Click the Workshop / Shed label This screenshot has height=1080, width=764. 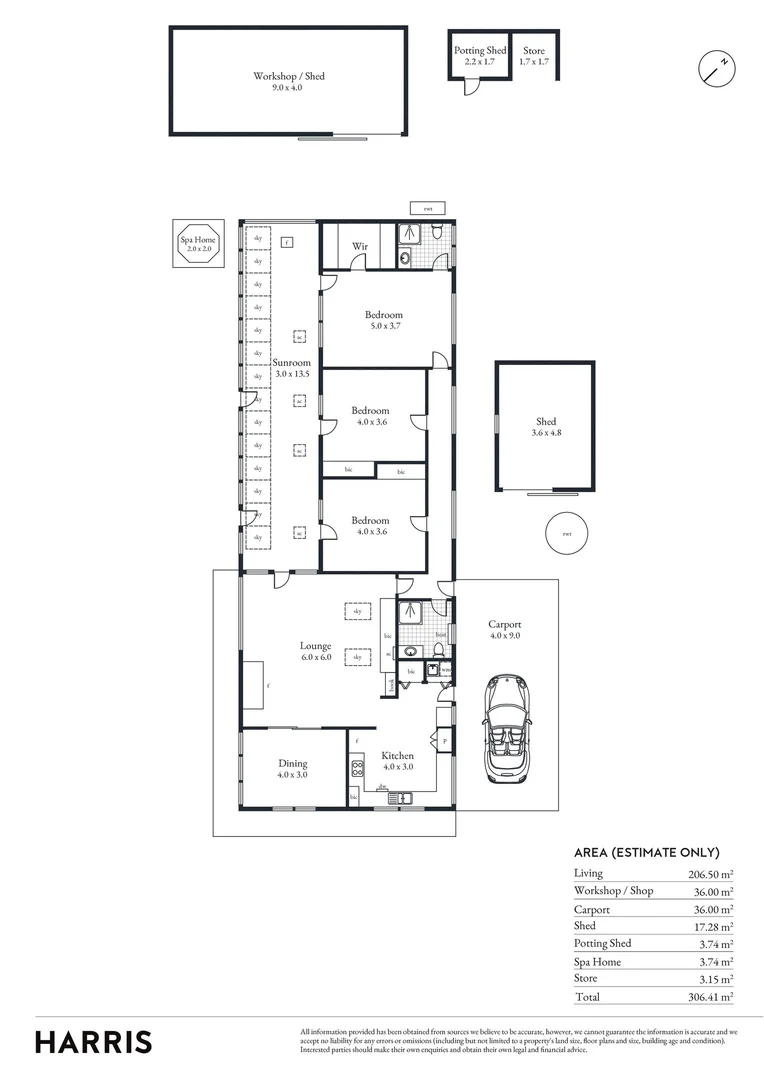pos(288,81)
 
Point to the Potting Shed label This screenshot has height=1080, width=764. pos(481,56)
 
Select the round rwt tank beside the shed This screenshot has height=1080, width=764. pos(567,532)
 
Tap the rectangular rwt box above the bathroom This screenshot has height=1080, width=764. pos(428,208)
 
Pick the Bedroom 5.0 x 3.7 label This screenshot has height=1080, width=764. pos(382,320)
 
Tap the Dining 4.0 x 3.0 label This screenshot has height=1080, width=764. pos(293,768)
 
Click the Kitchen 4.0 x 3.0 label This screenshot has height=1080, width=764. pos(397,761)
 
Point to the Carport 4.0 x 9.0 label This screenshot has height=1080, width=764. pos(504,629)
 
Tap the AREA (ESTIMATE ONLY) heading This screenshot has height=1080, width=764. pos(647,852)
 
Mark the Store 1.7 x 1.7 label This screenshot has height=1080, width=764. pos(534,56)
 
